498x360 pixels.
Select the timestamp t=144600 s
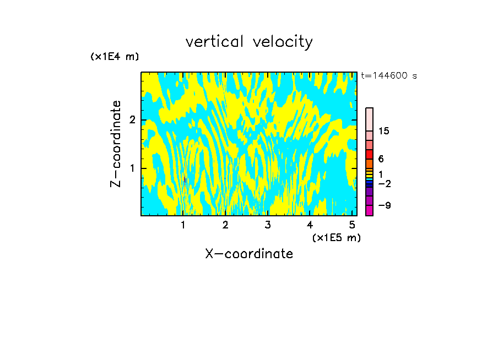tap(389, 76)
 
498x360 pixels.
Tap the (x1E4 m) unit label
tap(115, 57)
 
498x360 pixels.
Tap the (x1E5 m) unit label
tap(337, 237)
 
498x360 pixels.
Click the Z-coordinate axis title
tap(116, 144)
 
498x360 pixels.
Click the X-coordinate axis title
tap(249, 254)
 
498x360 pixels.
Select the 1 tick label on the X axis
tap(183, 225)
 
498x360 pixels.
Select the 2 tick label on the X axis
tap(225, 225)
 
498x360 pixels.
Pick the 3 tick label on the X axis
tap(267, 225)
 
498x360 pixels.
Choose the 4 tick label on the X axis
tap(310, 225)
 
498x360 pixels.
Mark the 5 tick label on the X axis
tap(351, 225)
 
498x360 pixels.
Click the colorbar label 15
tap(385, 131)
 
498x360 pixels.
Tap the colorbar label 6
tap(381, 159)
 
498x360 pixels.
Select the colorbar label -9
tap(385, 206)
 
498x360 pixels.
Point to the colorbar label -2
tap(385, 183)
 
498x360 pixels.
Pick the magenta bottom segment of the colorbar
tap(370, 210)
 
